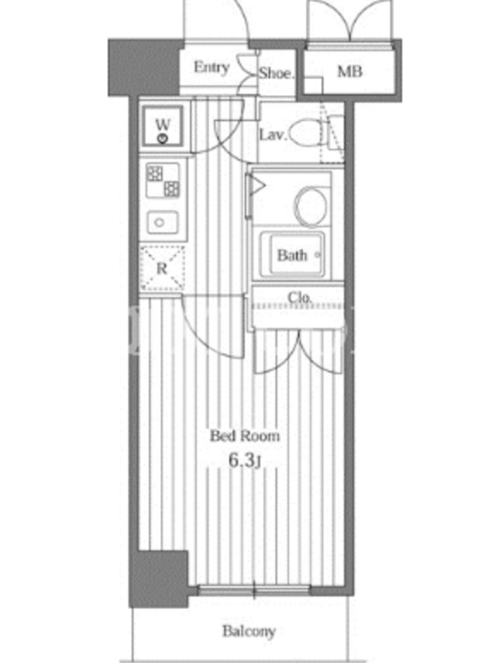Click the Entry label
click(x=212, y=67)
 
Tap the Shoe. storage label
click(x=276, y=73)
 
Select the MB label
click(x=349, y=71)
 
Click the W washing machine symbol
click(x=163, y=126)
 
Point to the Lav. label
click(x=273, y=135)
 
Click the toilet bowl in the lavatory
click(x=306, y=133)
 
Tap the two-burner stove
click(x=163, y=181)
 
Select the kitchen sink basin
click(x=163, y=222)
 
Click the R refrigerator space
click(x=163, y=268)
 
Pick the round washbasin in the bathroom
click(x=310, y=206)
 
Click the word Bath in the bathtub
click(x=292, y=255)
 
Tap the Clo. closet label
click(x=300, y=298)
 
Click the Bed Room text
click(x=245, y=436)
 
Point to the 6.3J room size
click(x=244, y=461)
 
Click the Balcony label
click(x=249, y=632)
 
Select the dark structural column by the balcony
click(x=159, y=578)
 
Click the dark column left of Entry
click(x=144, y=68)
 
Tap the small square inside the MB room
click(x=314, y=85)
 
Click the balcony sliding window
click(x=254, y=590)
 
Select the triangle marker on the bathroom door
click(x=258, y=185)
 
